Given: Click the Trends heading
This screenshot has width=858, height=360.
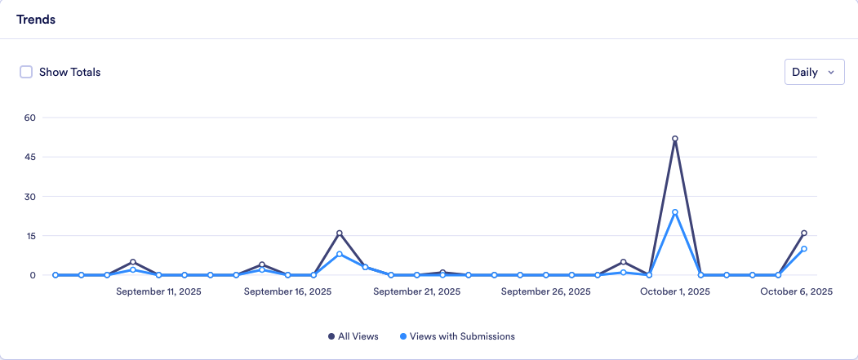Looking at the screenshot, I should point(36,20).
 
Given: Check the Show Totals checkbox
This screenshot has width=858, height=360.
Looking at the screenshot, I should point(26,72).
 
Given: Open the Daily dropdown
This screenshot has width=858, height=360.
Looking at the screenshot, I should point(813,72).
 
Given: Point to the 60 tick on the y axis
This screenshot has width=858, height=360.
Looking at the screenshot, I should point(30,118).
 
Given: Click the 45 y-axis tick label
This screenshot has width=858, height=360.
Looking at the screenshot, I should point(30,157).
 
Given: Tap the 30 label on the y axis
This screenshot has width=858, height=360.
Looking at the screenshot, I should point(30,197).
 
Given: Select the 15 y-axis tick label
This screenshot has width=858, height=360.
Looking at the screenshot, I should point(30,236).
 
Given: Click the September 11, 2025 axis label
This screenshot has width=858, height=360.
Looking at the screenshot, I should point(158,291).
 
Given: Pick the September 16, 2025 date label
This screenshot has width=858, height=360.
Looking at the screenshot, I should point(287,291).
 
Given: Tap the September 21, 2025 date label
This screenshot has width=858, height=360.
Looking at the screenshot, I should point(416,291).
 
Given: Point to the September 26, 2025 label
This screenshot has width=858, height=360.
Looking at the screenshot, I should point(545,291).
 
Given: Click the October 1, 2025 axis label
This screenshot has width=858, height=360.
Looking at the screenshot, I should point(674,291).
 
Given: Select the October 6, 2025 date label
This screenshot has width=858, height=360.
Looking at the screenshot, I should point(796,291).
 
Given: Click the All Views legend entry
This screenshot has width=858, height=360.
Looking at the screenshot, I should point(353,336).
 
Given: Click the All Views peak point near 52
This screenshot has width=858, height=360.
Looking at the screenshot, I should point(675,139).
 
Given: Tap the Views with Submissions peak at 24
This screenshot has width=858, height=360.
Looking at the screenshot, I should point(675,212).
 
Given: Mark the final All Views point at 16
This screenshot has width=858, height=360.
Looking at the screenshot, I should point(804,233).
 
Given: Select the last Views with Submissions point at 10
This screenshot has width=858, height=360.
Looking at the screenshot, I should point(804,249).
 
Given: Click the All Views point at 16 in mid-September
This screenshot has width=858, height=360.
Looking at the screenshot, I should point(340,233).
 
